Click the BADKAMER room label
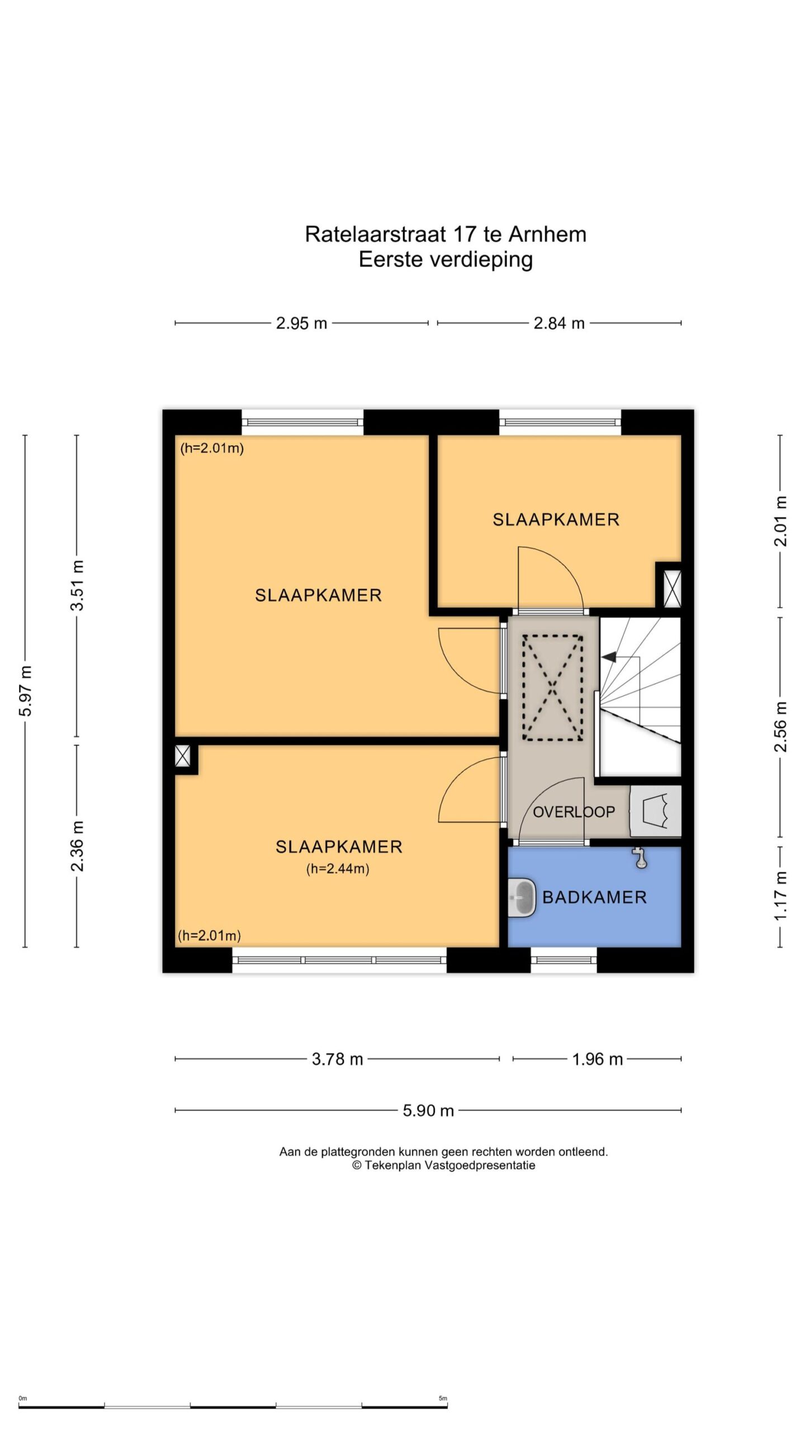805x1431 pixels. (594, 897)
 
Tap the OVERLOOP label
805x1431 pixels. (574, 812)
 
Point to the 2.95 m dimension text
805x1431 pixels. (301, 323)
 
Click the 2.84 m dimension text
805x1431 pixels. (559, 323)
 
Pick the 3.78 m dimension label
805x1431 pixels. (337, 1059)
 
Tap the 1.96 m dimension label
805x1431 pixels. (597, 1059)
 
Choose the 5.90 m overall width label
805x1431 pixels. (428, 1110)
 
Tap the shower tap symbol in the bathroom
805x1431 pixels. (641, 858)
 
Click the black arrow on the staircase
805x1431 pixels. (609, 657)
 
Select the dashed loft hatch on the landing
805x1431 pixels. (552, 688)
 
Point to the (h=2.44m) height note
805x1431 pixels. (338, 869)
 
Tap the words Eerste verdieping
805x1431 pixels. (446, 260)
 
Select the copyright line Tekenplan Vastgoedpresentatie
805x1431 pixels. (443, 1165)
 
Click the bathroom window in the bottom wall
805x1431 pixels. (563, 960)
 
